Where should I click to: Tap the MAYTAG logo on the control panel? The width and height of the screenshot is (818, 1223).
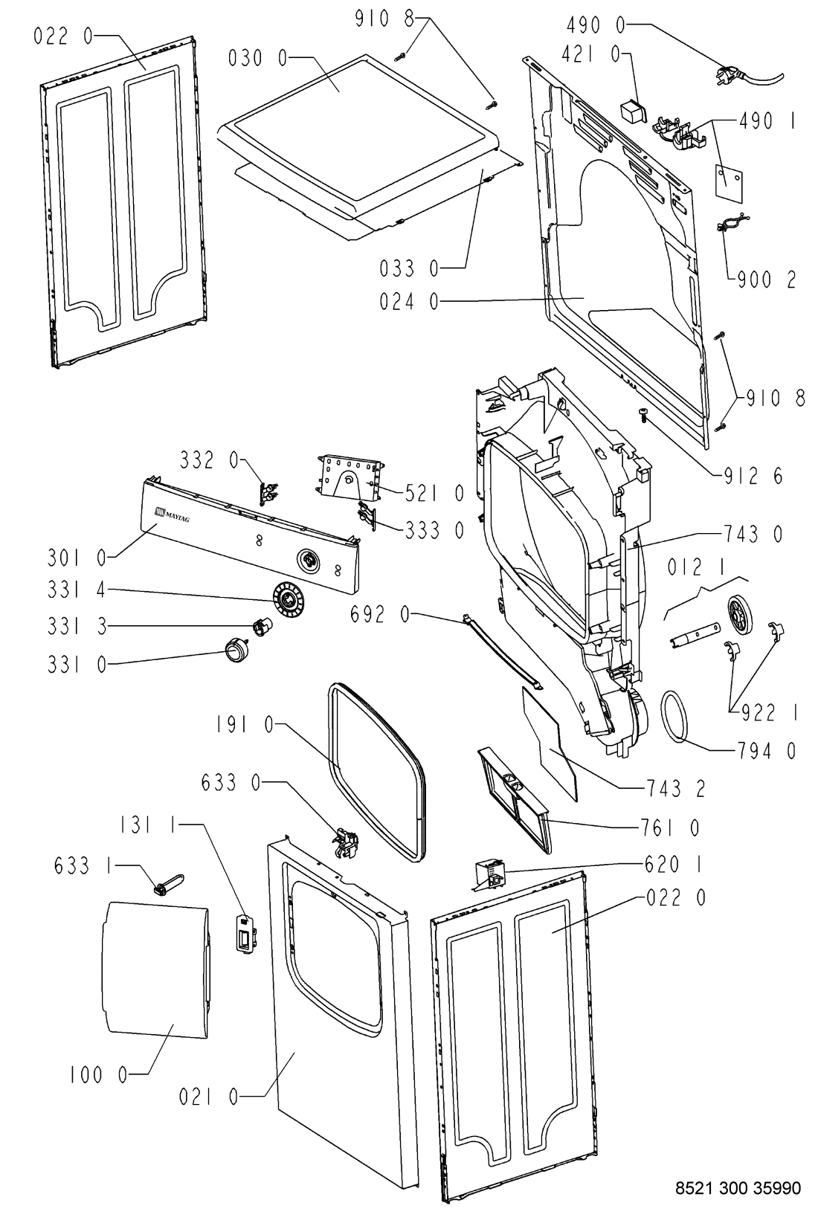(x=172, y=514)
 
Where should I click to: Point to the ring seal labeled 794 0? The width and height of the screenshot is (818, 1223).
(x=675, y=715)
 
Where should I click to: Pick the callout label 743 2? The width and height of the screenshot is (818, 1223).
(x=675, y=788)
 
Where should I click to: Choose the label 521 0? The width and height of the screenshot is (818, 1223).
(x=434, y=493)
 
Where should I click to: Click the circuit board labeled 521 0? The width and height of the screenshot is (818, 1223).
(x=350, y=477)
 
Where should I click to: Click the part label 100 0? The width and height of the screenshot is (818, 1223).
(x=98, y=1076)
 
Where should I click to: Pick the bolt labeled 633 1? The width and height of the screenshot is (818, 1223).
(x=170, y=883)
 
